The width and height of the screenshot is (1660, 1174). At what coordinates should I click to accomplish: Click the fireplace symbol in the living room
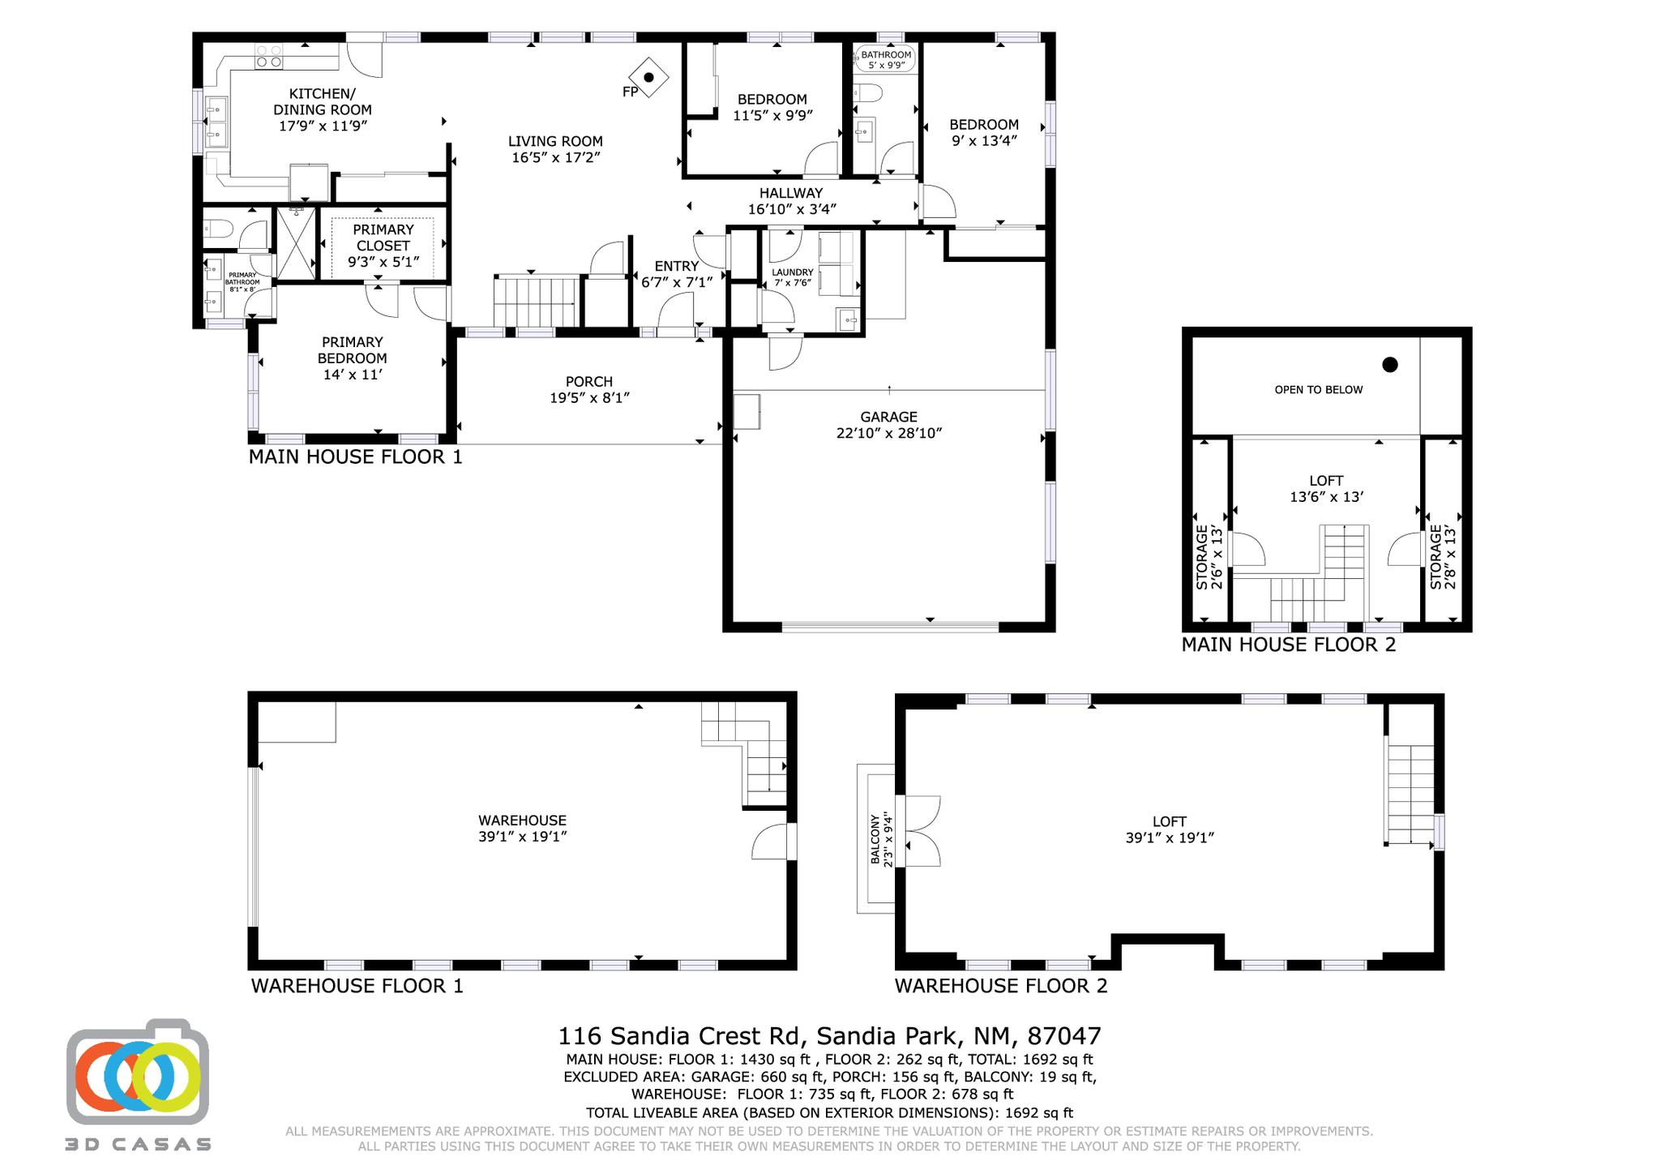(x=648, y=78)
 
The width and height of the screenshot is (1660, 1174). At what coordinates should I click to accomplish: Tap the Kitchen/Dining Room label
(x=323, y=101)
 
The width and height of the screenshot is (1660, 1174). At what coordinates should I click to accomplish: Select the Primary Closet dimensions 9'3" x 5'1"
(x=383, y=262)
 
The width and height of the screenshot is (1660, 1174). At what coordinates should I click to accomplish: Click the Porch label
(x=589, y=381)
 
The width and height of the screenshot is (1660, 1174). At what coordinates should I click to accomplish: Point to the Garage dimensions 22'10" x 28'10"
(x=889, y=433)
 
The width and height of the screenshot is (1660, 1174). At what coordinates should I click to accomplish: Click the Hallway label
(x=791, y=193)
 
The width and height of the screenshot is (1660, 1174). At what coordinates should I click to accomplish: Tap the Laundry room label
(x=792, y=272)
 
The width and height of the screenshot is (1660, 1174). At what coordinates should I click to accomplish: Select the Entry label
(x=677, y=266)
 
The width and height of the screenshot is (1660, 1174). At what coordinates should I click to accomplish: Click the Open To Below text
(x=1319, y=389)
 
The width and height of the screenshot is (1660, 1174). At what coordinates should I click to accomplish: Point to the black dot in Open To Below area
(x=1390, y=365)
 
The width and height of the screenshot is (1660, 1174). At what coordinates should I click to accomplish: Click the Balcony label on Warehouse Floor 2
(x=875, y=839)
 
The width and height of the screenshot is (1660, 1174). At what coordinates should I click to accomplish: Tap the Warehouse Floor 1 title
(x=357, y=986)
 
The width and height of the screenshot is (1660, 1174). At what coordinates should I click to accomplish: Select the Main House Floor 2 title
(x=1289, y=645)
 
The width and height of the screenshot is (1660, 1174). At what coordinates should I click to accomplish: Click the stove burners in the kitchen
(x=269, y=56)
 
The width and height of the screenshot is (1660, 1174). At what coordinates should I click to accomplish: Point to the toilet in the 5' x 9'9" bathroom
(x=866, y=92)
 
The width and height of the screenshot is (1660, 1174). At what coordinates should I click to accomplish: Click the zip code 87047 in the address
(x=1064, y=1036)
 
